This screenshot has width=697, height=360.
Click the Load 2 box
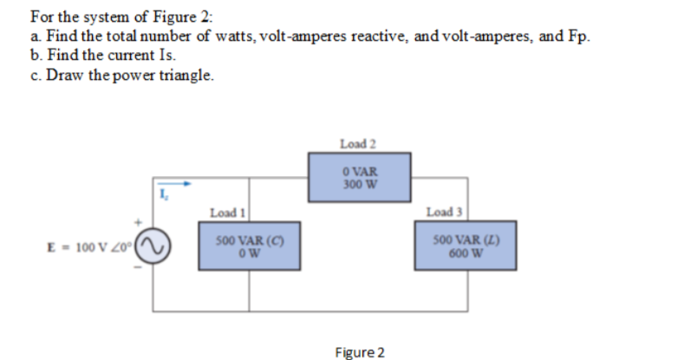(x=359, y=176)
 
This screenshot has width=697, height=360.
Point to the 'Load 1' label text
(x=224, y=213)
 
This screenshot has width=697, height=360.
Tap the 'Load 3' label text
(x=443, y=213)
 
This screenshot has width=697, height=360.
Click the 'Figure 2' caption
(x=360, y=352)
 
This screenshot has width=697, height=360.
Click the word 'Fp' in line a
(x=581, y=37)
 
